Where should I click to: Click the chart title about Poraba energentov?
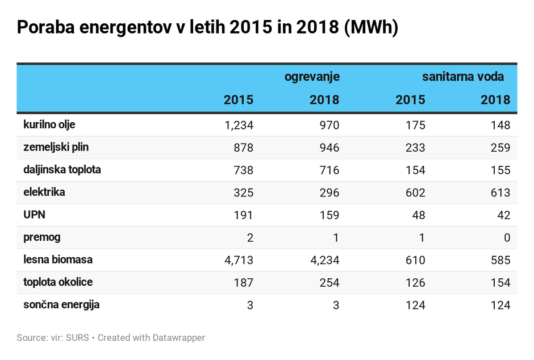coord(207,27)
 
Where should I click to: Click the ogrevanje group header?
coord(312,77)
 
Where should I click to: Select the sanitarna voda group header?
coord(462,77)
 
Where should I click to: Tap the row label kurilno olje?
coord(49,124)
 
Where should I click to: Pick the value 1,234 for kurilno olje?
coord(239,125)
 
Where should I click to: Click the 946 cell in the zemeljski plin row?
coord(329,148)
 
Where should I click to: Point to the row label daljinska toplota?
coord(62,170)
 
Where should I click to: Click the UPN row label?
coord(34,215)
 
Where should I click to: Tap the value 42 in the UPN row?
coord(503,215)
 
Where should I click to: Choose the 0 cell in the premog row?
coord(506,238)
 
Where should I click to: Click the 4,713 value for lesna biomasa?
coord(239,260)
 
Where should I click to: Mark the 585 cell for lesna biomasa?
coord(500,260)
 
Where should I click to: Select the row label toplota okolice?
coord(58,282)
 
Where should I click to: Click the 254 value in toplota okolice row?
coord(329,283)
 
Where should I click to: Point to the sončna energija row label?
coord(61,305)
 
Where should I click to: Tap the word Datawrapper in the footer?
coord(179,338)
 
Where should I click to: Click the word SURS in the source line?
coord(78,338)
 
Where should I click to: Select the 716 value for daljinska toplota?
coord(329,170)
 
